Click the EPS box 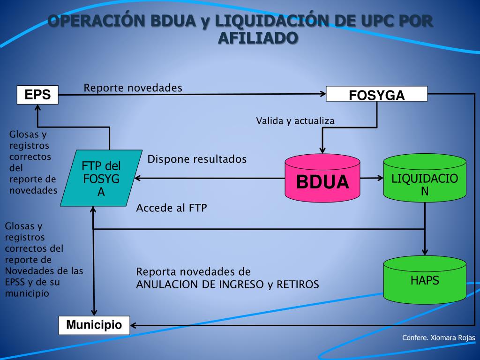click(37, 95)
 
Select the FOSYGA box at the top click(376, 94)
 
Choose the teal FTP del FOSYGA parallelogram click(101, 178)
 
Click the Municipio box click(94, 325)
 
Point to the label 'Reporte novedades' click(133, 88)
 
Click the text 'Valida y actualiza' click(295, 121)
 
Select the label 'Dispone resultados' click(197, 159)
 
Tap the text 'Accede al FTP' click(171, 208)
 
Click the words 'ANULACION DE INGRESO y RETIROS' click(227, 284)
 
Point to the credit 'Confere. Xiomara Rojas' click(439, 338)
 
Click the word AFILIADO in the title click(258, 37)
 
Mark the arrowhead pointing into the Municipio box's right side click(133, 325)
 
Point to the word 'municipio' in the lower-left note click(27, 293)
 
